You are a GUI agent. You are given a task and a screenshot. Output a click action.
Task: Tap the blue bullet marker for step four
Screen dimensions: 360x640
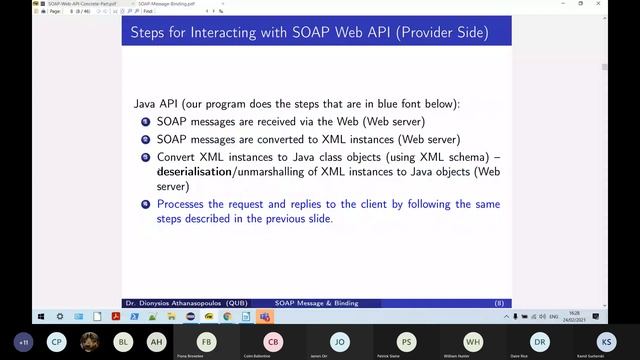tap(146, 204)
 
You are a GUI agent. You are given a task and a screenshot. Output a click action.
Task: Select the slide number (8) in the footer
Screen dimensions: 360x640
tap(498, 302)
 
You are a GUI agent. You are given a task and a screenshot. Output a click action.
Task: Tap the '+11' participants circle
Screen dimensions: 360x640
tap(24, 341)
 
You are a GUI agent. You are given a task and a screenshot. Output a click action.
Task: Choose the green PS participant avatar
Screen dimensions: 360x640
tap(406, 341)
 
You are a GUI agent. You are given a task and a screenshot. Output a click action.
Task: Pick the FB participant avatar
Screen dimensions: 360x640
tap(206, 341)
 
